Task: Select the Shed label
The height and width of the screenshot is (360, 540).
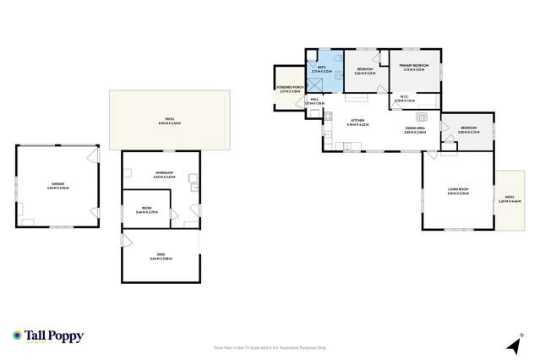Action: click(x=161, y=256)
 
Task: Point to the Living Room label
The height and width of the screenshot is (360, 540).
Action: click(x=457, y=191)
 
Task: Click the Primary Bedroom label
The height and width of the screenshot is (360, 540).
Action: click(x=415, y=66)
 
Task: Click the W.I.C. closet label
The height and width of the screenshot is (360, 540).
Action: click(x=405, y=99)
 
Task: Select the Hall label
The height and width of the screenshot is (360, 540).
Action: click(x=314, y=101)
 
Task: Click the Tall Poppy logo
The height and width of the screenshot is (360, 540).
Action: click(x=48, y=335)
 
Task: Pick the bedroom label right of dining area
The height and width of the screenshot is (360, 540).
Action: click(x=468, y=132)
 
